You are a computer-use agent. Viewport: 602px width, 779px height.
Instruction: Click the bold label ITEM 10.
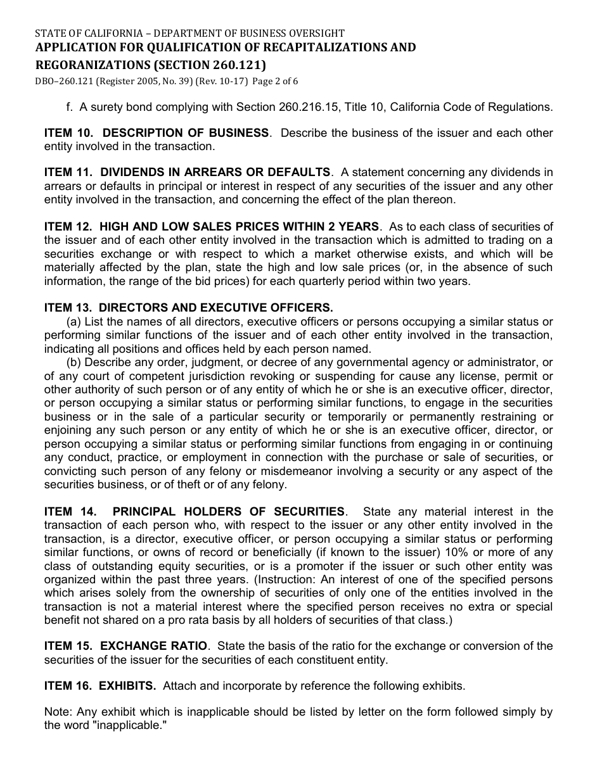click(x=69, y=133)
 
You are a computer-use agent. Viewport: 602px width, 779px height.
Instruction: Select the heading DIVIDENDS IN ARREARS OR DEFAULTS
click(x=215, y=172)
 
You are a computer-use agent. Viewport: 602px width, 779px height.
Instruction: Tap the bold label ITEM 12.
click(x=69, y=227)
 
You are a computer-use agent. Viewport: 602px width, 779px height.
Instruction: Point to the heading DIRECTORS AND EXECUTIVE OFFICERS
click(x=216, y=308)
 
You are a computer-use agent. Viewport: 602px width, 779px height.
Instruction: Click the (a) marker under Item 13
click(x=74, y=322)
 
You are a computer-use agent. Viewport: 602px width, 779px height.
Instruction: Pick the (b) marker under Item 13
click(x=74, y=362)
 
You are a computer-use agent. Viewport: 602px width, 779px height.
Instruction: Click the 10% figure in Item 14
click(x=456, y=553)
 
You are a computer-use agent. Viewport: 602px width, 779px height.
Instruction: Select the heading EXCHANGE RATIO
click(x=154, y=646)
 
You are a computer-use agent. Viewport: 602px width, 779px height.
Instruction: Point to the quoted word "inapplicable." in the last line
click(x=129, y=725)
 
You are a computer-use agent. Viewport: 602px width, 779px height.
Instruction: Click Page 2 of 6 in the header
click(x=275, y=81)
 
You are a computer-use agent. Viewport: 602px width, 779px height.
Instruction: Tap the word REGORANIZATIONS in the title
click(x=91, y=65)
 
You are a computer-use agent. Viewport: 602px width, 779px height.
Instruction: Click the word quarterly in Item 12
click(x=317, y=281)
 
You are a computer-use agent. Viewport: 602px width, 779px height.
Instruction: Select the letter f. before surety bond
click(x=70, y=107)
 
